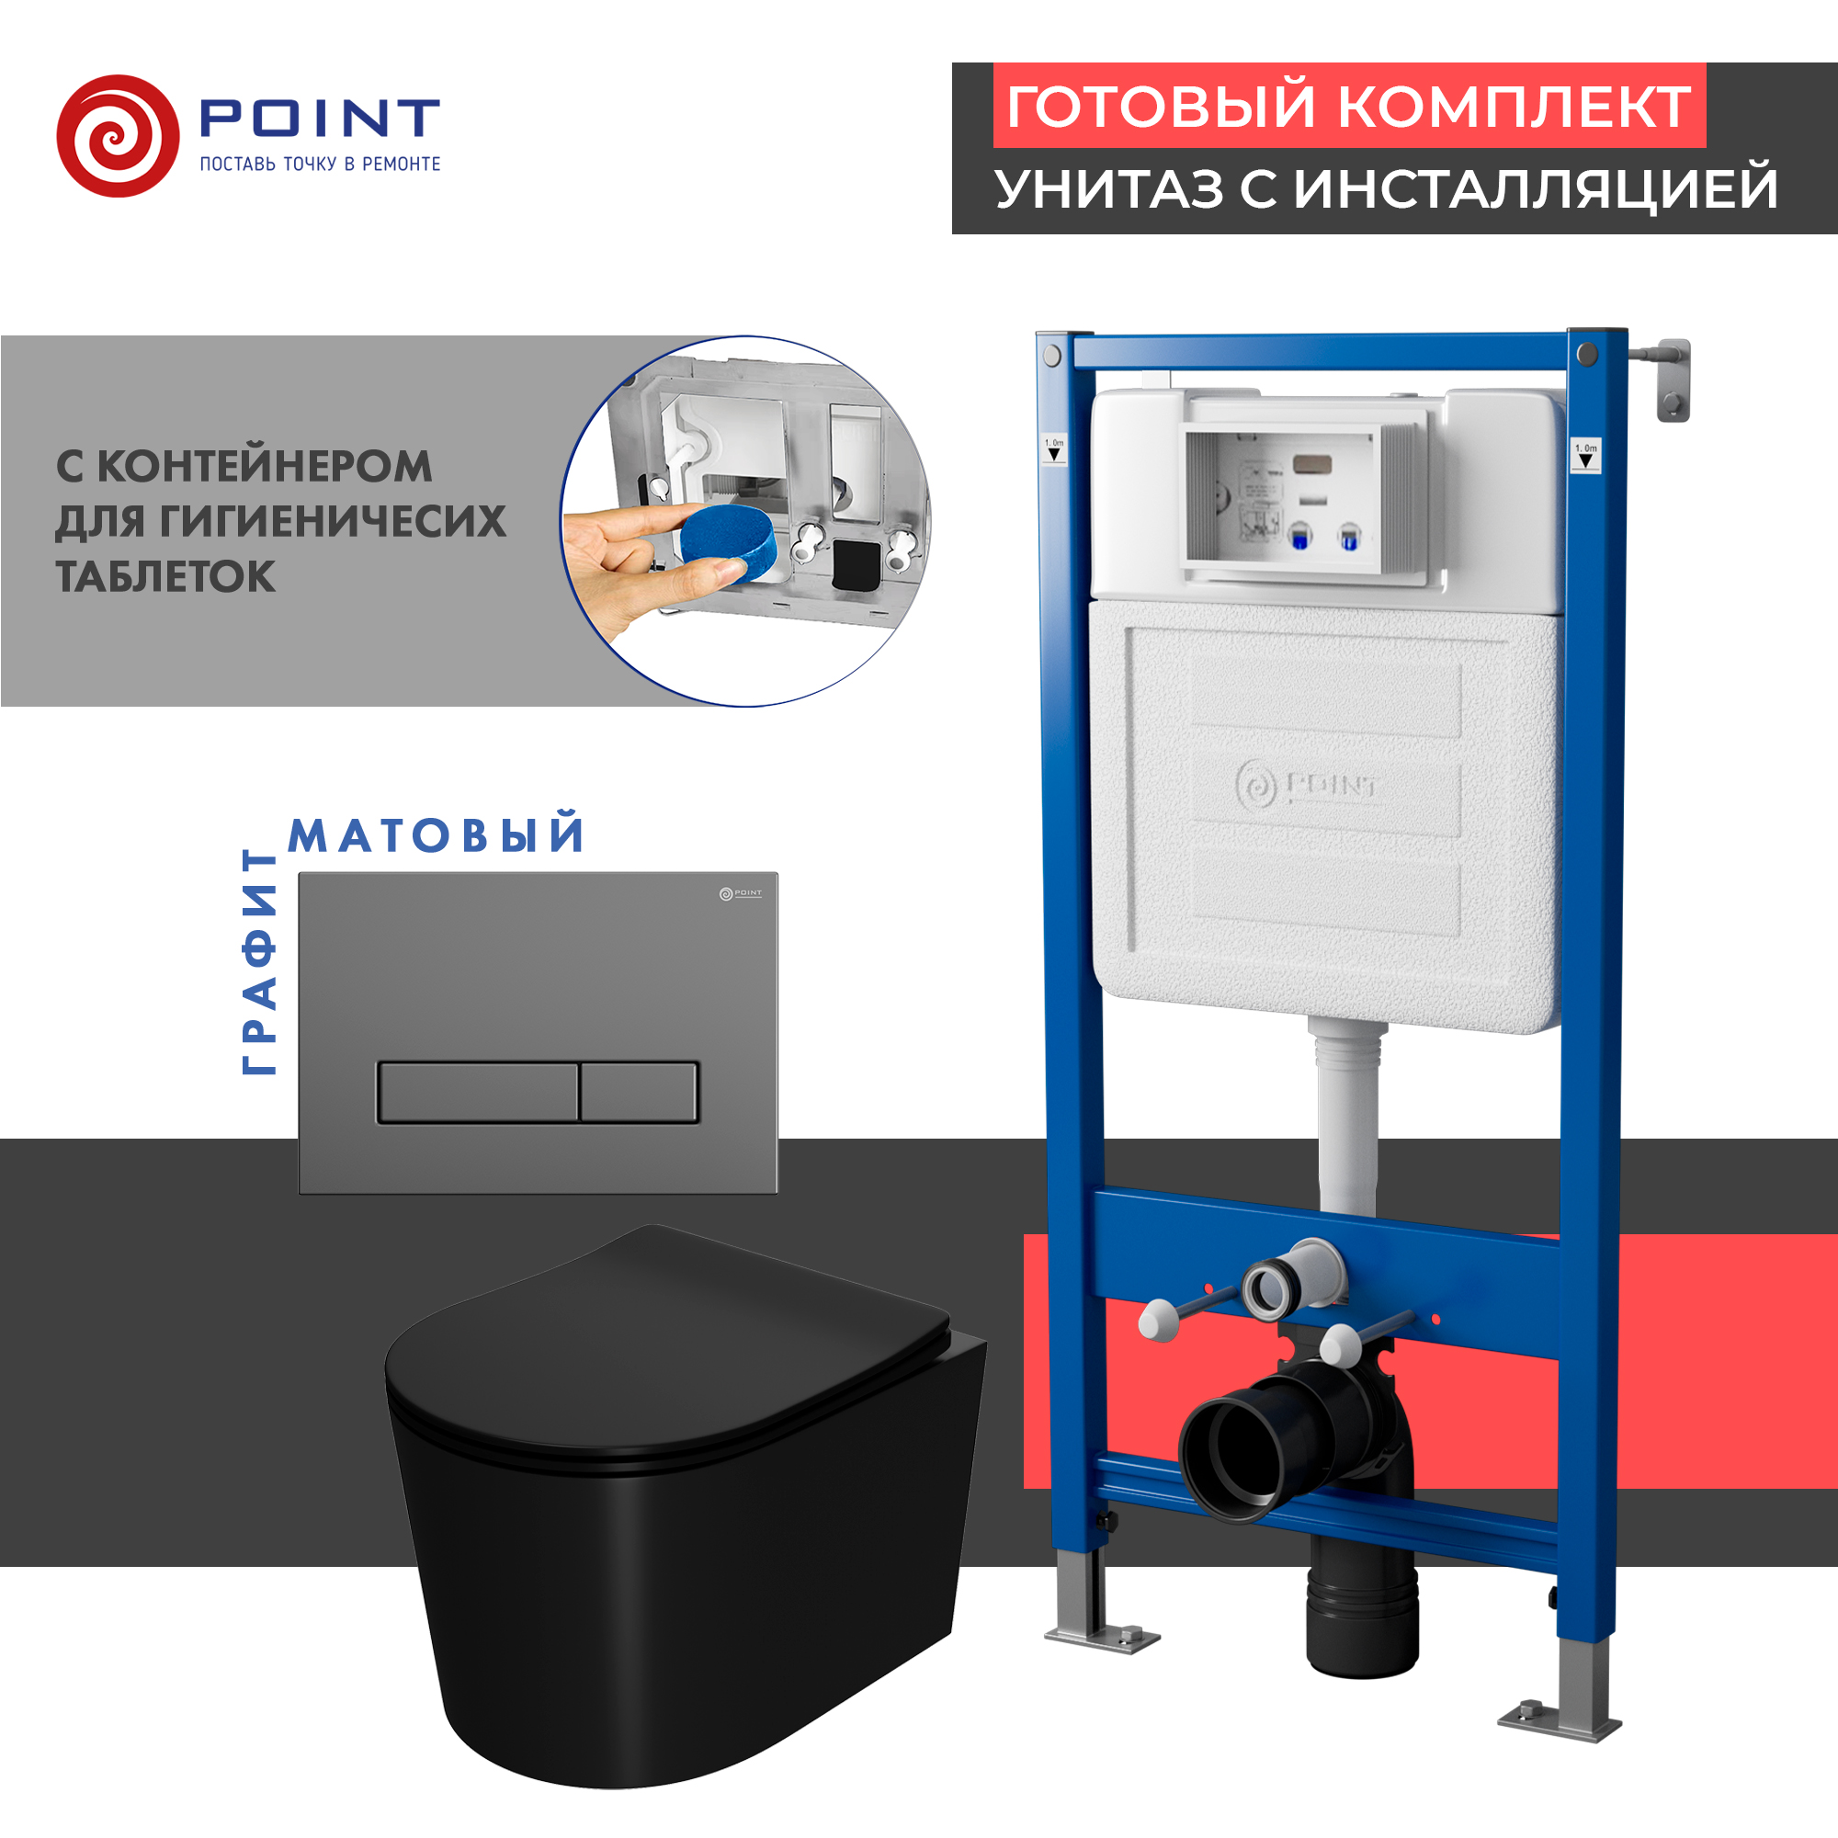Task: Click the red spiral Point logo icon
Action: pyautogui.click(x=117, y=136)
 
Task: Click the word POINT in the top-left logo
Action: pyautogui.click(x=319, y=118)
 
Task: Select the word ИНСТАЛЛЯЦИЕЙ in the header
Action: pyautogui.click(x=1536, y=188)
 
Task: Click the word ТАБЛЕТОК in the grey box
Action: pyautogui.click(x=165, y=576)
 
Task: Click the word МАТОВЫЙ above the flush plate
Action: pyautogui.click(x=436, y=835)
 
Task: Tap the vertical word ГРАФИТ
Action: pyautogui.click(x=259, y=962)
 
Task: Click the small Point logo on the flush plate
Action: pyautogui.click(x=740, y=893)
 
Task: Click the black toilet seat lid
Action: pyautogui.click(x=666, y=1351)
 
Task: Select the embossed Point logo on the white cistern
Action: pyautogui.click(x=1306, y=786)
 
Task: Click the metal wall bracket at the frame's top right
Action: pyautogui.click(x=1672, y=380)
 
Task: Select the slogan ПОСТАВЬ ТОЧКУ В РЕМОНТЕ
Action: pyautogui.click(x=320, y=165)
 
